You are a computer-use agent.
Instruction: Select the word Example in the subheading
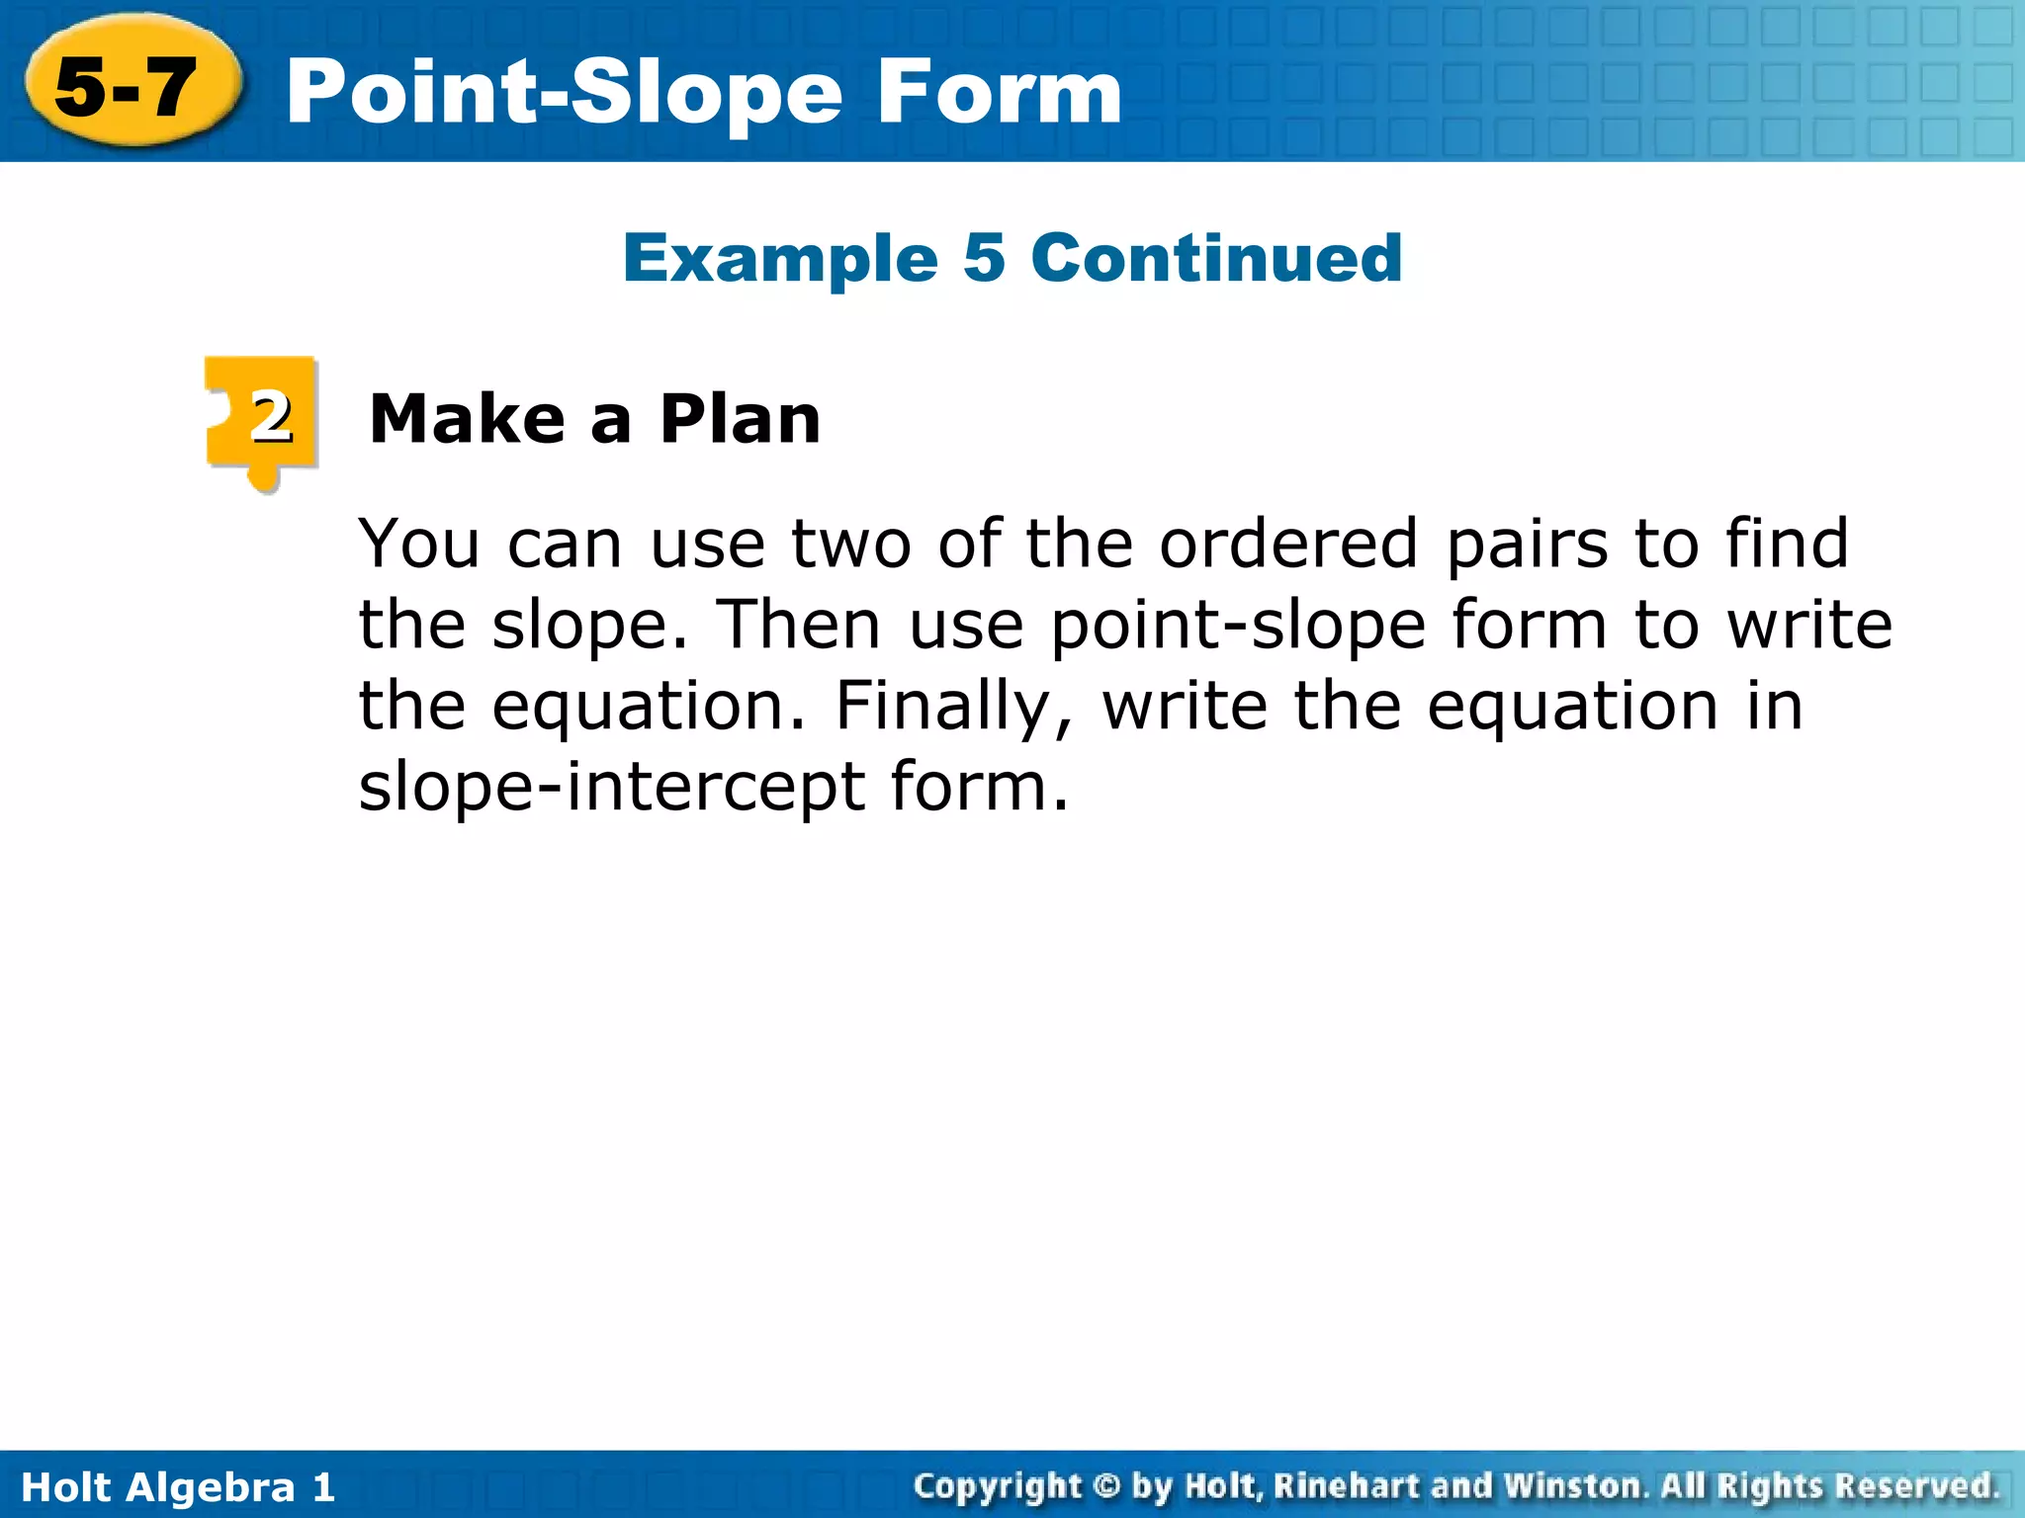tap(780, 259)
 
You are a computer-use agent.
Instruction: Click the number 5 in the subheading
tap(984, 259)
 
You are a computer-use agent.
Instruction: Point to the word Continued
tap(1216, 259)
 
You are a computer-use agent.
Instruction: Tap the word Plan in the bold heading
tap(740, 419)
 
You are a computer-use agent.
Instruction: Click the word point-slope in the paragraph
tap(1238, 627)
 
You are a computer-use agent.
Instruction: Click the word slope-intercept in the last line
tap(612, 788)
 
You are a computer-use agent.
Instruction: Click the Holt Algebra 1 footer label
tap(178, 1486)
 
